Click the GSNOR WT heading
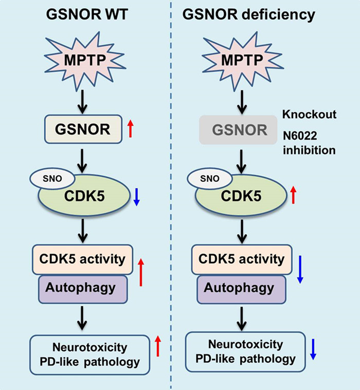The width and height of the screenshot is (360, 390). pos(85,15)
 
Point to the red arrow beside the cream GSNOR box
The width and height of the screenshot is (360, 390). pos(131,128)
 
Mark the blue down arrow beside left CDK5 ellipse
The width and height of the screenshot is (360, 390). pos(136,197)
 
